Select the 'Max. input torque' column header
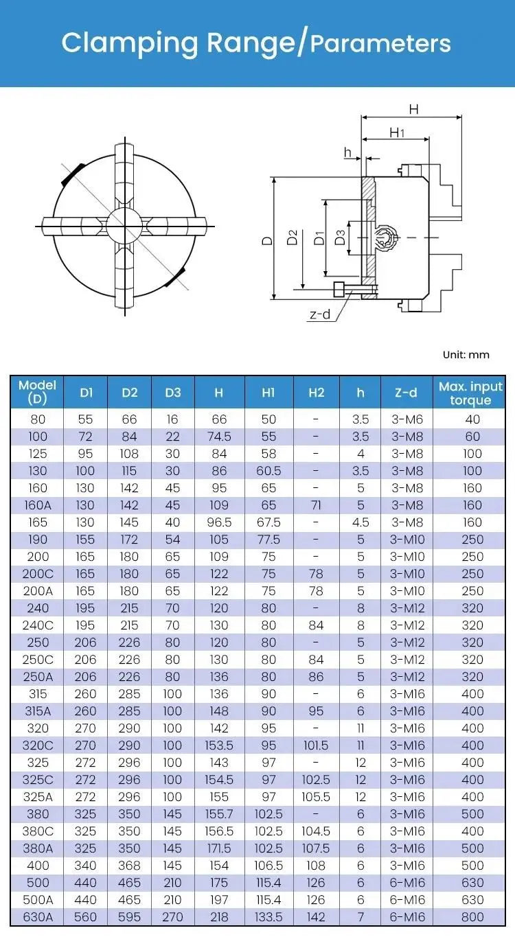click(x=470, y=393)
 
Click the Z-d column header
click(x=406, y=393)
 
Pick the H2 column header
click(x=316, y=393)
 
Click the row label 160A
click(x=37, y=505)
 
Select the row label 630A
click(x=37, y=917)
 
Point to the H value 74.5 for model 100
click(x=218, y=437)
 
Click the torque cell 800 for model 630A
click(x=472, y=917)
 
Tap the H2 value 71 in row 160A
click(x=316, y=505)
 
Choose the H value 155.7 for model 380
click(x=218, y=814)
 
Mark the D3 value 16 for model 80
click(x=173, y=419)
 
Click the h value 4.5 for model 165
click(x=360, y=522)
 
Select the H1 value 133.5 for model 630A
click(x=268, y=917)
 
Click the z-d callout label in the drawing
click(x=320, y=315)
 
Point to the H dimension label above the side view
click(x=413, y=108)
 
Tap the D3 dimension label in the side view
click(x=339, y=238)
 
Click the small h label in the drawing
click(x=347, y=152)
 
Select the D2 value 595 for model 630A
click(x=129, y=917)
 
